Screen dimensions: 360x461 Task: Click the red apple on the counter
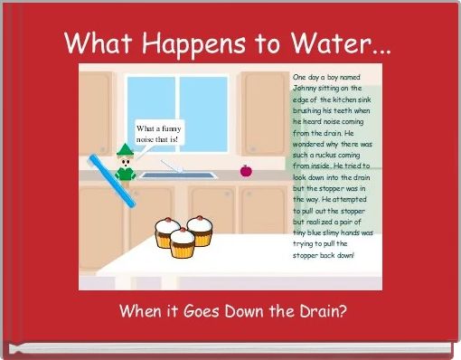click(245, 170)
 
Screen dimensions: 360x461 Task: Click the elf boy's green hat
click(124, 149)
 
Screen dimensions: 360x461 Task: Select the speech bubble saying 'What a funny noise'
click(159, 135)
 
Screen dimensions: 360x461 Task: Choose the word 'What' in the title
click(93, 43)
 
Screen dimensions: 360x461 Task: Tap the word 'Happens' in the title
click(180, 43)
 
